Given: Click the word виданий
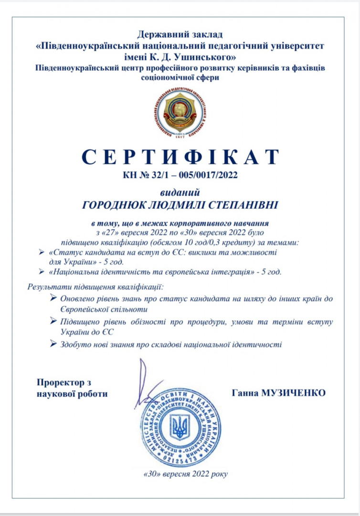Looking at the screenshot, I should coord(180,192).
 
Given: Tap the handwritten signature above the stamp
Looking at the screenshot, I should coord(146,382).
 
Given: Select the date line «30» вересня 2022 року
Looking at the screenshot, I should coord(185,474).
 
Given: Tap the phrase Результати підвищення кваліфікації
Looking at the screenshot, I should coord(95,287).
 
